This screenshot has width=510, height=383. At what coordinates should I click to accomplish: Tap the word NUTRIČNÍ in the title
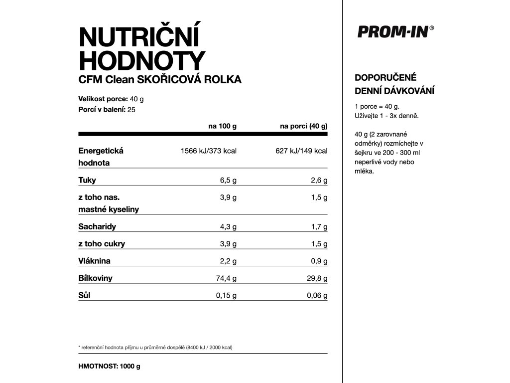pos(139,38)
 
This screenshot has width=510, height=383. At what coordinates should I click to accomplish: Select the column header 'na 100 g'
pos(222,126)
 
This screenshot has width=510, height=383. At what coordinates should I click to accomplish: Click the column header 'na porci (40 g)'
pos(303,126)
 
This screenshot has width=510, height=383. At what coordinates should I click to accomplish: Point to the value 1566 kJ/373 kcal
pos(208,151)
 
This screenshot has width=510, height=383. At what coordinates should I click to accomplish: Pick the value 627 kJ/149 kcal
pos(301,151)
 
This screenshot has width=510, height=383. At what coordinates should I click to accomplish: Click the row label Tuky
pos(87,180)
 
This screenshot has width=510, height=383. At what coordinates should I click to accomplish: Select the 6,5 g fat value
pos(228,180)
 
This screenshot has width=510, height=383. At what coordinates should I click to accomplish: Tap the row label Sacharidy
pos(97,226)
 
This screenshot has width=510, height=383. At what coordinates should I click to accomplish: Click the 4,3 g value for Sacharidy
pos(228,227)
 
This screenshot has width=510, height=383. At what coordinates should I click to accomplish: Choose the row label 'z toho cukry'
pos(102,244)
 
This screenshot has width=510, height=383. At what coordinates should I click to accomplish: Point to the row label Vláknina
pos(94,261)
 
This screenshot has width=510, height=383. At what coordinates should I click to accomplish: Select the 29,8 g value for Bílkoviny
pos(317,278)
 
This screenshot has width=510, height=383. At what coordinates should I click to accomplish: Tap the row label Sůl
pos(84,295)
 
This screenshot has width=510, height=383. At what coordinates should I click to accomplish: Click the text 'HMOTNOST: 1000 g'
pos(110,366)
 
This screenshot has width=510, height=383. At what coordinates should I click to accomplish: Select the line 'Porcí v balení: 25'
pos(107,110)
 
